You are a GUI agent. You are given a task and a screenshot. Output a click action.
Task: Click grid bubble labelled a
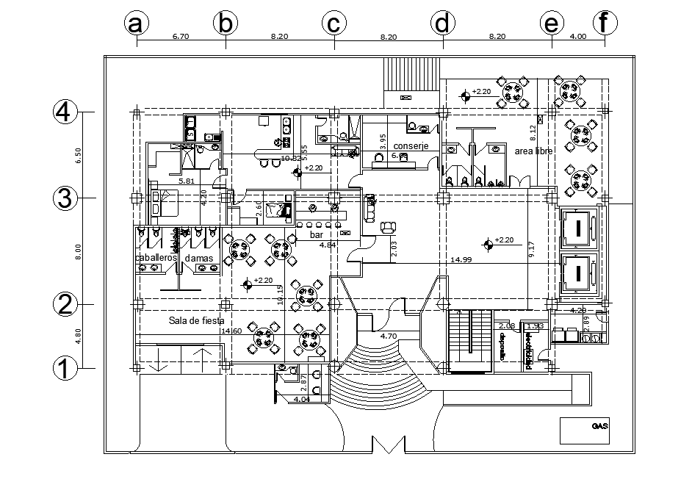(x=134, y=24)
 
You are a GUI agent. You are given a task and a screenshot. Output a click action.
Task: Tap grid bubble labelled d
(x=441, y=24)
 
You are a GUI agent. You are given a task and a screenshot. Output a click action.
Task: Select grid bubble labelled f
(x=604, y=24)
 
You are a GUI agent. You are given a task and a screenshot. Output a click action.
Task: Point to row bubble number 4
(x=65, y=112)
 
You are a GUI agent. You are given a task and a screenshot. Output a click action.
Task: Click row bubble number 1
(x=65, y=367)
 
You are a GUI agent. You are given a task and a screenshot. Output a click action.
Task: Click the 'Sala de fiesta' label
(x=196, y=321)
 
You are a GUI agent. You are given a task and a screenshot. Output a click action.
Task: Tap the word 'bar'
(x=317, y=235)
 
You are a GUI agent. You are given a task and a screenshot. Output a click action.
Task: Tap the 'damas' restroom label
(x=198, y=258)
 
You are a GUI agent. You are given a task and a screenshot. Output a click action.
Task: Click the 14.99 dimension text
(x=461, y=259)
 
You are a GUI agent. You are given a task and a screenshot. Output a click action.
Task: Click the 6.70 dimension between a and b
(x=181, y=35)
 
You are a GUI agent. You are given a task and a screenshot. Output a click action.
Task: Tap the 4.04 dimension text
(x=301, y=399)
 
